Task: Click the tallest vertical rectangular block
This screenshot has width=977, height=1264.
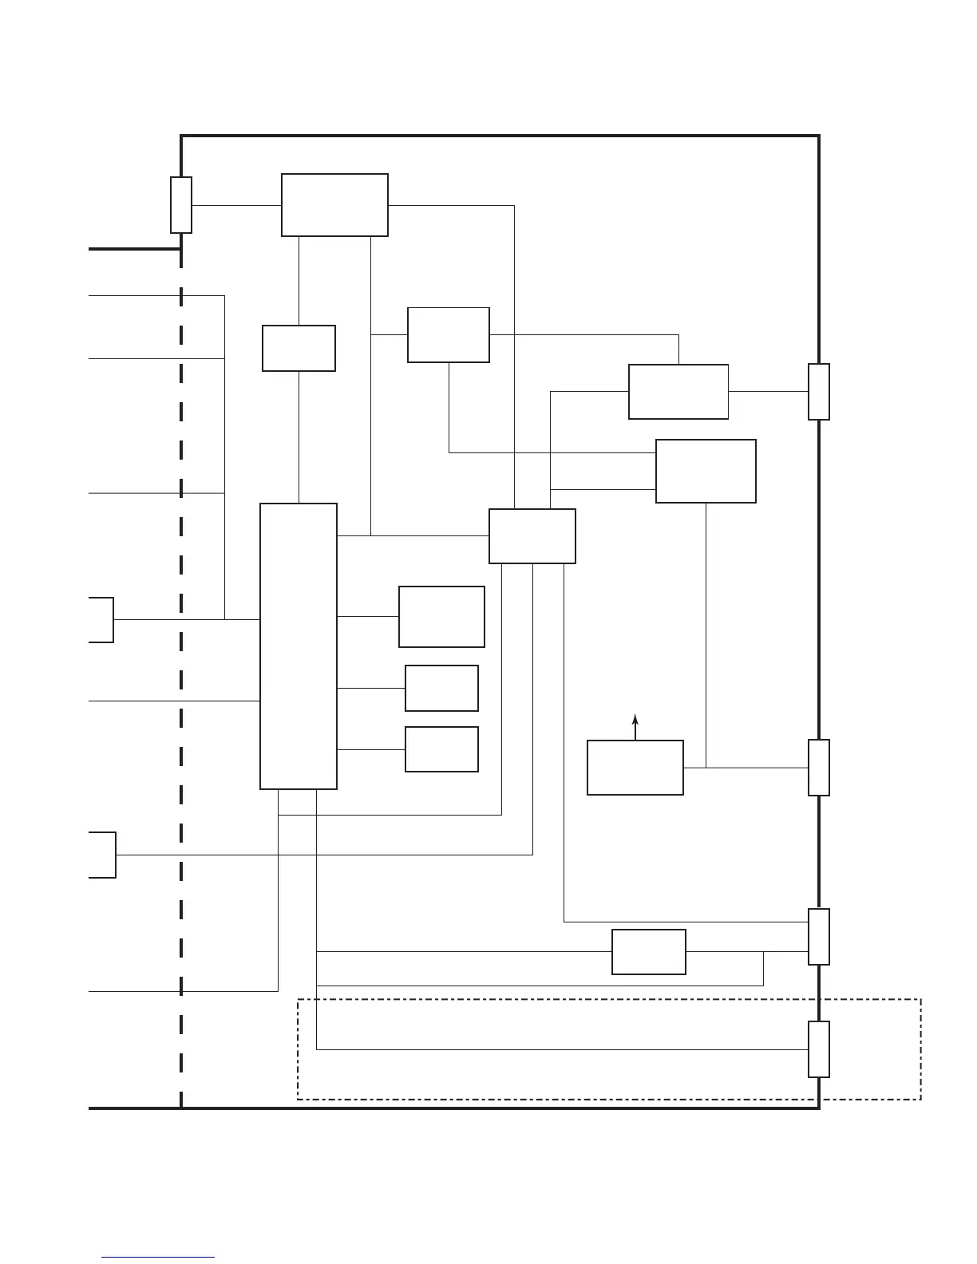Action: (299, 646)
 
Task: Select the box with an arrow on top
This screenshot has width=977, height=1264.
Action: (635, 767)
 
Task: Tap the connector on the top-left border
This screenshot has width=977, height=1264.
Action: (181, 205)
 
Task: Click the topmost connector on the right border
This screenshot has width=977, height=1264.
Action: (819, 392)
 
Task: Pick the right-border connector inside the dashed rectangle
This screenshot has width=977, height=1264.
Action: (819, 1049)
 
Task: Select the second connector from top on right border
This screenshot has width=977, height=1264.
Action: (819, 768)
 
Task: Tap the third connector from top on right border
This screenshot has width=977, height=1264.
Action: (819, 936)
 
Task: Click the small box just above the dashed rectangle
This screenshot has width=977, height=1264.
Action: (649, 951)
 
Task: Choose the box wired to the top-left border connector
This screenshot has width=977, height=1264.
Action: (334, 205)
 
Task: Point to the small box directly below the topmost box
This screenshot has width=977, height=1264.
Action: (299, 348)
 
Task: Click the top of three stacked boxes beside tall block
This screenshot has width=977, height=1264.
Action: (441, 617)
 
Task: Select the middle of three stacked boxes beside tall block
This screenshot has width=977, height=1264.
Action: (441, 688)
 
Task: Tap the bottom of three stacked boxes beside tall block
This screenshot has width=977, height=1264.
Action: (441, 749)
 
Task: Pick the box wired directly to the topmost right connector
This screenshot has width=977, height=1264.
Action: (678, 392)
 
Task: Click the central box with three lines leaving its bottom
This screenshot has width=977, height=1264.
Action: (532, 536)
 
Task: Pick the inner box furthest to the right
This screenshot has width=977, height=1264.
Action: (706, 471)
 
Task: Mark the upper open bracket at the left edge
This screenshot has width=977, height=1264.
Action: (101, 619)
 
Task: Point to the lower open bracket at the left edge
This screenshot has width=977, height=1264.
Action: (103, 855)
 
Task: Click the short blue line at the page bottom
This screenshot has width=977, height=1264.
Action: (158, 1257)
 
